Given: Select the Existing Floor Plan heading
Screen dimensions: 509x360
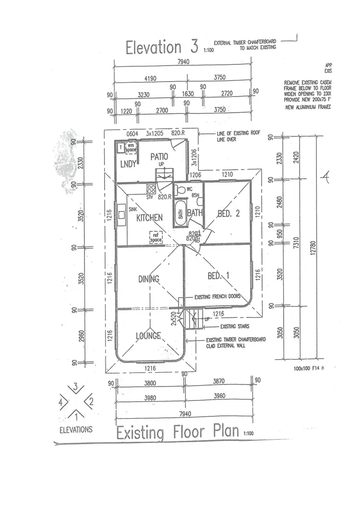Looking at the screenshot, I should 178,432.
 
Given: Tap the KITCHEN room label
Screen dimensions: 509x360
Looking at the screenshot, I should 149,218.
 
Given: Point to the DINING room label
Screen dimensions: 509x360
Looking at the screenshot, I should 148,279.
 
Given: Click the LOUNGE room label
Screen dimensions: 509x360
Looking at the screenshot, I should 148,336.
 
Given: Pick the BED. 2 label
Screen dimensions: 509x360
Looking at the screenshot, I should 228,214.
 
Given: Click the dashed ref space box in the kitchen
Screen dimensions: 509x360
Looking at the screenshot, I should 156,237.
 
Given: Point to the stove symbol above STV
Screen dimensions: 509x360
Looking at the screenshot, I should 151,189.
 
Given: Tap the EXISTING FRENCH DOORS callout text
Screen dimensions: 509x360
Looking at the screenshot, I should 217,297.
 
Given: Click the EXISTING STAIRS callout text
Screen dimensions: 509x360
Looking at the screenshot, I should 234,327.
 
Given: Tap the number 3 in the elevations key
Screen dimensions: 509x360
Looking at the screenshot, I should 75,387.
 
